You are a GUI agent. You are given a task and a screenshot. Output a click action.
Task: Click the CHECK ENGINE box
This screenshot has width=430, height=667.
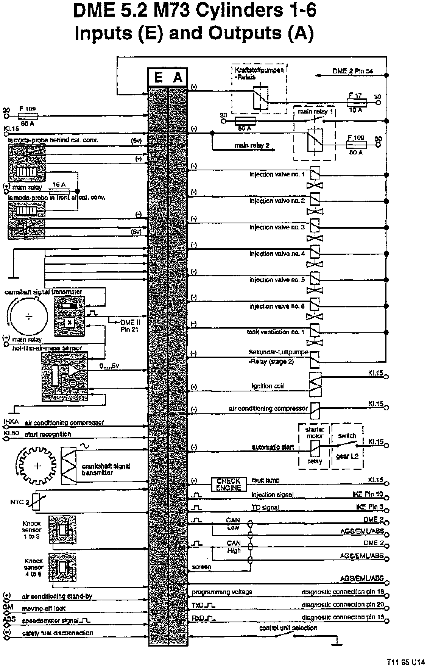(229, 484)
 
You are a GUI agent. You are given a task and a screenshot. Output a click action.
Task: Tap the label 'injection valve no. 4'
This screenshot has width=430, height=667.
(277, 253)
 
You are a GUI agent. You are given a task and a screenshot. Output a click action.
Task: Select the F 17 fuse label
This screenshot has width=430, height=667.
(356, 95)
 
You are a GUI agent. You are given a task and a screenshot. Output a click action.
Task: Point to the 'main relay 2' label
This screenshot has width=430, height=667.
(252, 145)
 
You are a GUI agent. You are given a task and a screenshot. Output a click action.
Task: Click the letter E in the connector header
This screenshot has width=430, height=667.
(158, 78)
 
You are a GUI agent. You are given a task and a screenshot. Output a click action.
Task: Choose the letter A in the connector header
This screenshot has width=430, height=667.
(178, 78)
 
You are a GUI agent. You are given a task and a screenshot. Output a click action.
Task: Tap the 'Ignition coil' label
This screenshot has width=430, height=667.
(267, 386)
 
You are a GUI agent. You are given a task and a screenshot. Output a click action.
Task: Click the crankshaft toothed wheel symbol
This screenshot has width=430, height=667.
(37, 466)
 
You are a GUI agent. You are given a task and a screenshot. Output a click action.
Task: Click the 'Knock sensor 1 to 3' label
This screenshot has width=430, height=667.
(31, 530)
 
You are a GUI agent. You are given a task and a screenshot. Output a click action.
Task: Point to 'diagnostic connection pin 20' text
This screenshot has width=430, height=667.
(343, 605)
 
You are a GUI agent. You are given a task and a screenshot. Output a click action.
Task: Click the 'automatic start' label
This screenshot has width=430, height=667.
(273, 447)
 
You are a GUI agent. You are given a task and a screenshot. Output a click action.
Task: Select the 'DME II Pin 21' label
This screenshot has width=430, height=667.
(130, 326)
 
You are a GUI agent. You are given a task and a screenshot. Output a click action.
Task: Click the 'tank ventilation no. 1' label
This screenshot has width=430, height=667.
(275, 332)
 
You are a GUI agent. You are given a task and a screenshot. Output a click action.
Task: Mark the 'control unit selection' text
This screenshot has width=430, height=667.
(288, 628)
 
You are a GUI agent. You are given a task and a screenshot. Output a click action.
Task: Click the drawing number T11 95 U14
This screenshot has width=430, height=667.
(406, 662)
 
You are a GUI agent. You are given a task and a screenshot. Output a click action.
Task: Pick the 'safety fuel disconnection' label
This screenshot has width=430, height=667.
(58, 633)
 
